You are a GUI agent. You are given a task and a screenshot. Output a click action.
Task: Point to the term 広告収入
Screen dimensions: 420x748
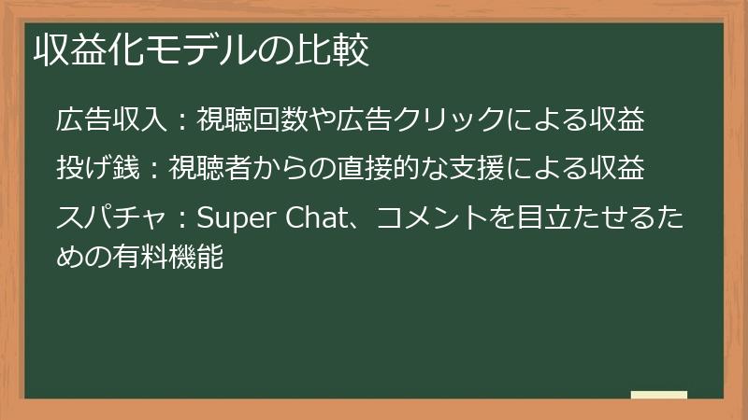[x=111, y=119]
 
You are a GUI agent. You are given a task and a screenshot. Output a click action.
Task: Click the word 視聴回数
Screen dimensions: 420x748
[x=239, y=119]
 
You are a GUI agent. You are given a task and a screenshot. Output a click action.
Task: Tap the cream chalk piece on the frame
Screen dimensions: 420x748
[x=658, y=396]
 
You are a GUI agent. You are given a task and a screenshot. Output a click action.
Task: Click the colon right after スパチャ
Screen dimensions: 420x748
[x=182, y=219]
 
